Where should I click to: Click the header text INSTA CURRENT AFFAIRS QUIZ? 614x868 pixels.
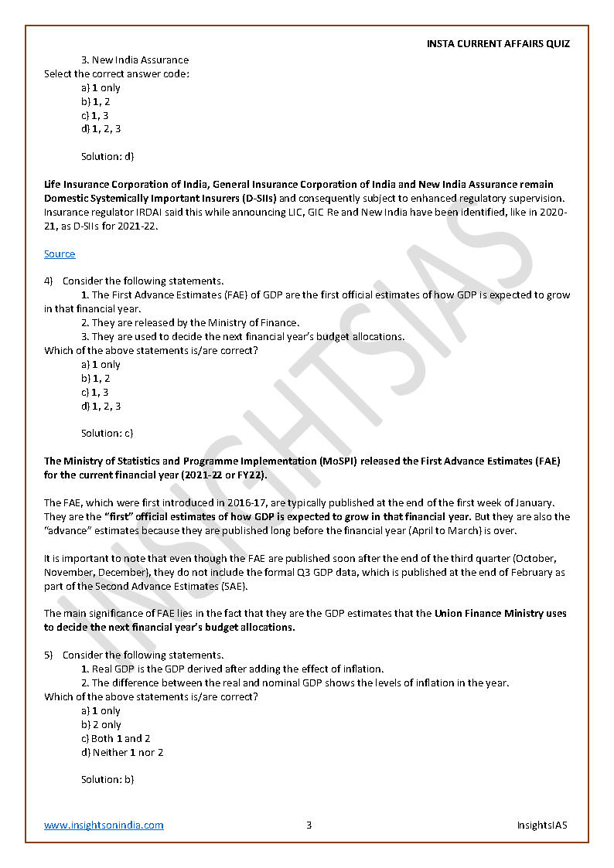pos(498,44)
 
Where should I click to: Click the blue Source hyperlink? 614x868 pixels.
pos(60,254)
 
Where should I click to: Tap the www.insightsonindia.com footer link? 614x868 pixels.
pos(104,825)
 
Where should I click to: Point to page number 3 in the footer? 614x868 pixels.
pos(309,825)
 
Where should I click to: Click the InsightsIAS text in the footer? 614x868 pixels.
pos(542,825)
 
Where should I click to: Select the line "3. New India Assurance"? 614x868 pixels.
pos(135,60)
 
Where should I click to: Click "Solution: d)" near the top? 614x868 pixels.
pos(107,156)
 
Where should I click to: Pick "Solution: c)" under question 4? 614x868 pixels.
pos(107,433)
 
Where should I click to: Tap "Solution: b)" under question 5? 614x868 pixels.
pos(107,779)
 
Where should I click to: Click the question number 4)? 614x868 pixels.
pos(49,281)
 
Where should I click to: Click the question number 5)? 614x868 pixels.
pos(49,655)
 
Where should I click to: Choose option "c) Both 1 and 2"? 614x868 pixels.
pos(115,738)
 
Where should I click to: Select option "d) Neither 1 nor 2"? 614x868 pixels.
pos(122,752)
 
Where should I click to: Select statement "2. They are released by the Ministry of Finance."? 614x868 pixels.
pos(190,322)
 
